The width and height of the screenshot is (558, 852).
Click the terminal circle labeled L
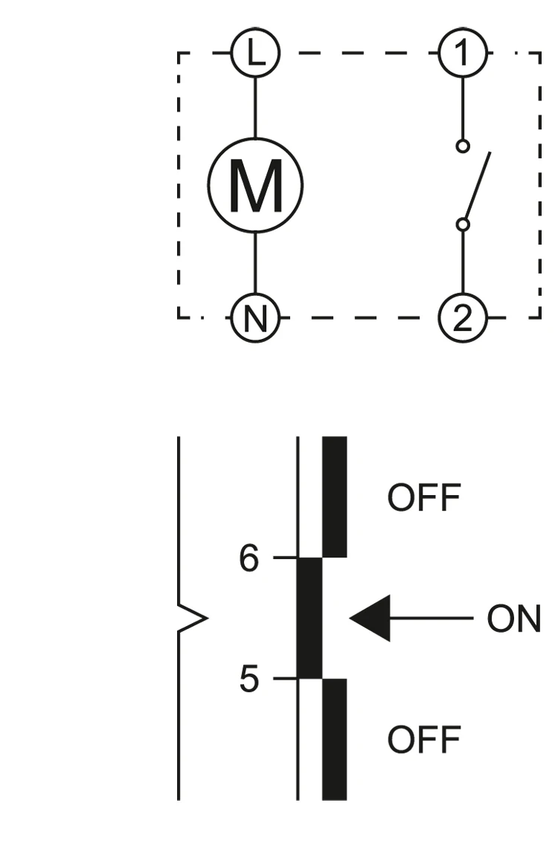[255, 54]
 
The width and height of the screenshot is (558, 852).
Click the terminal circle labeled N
[255, 318]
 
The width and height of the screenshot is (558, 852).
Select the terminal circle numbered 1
[463, 54]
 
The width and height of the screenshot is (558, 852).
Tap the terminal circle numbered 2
[463, 318]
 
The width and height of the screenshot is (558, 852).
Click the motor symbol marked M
[255, 185]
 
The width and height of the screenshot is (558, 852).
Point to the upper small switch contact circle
[463, 146]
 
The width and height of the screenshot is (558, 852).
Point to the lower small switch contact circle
[463, 224]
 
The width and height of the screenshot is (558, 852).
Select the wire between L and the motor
[255, 108]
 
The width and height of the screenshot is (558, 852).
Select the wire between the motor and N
[255, 263]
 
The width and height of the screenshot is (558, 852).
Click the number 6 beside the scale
[249, 558]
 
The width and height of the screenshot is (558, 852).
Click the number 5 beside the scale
[249, 679]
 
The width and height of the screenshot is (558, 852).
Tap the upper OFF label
[424, 497]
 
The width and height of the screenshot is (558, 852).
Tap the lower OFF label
[424, 739]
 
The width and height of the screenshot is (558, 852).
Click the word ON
[514, 619]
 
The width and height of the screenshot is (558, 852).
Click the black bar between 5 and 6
[310, 619]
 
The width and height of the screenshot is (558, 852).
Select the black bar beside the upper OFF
[335, 497]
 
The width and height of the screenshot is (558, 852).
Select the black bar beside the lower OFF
[335, 740]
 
